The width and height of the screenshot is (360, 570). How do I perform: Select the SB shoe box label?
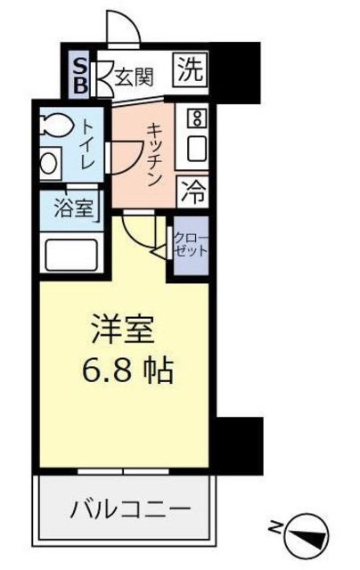point(79,75)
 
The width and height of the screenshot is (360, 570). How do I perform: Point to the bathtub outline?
point(70,254)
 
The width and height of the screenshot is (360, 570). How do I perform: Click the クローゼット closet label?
point(191,244)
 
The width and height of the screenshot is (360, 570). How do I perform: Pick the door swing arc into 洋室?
point(143,233)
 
